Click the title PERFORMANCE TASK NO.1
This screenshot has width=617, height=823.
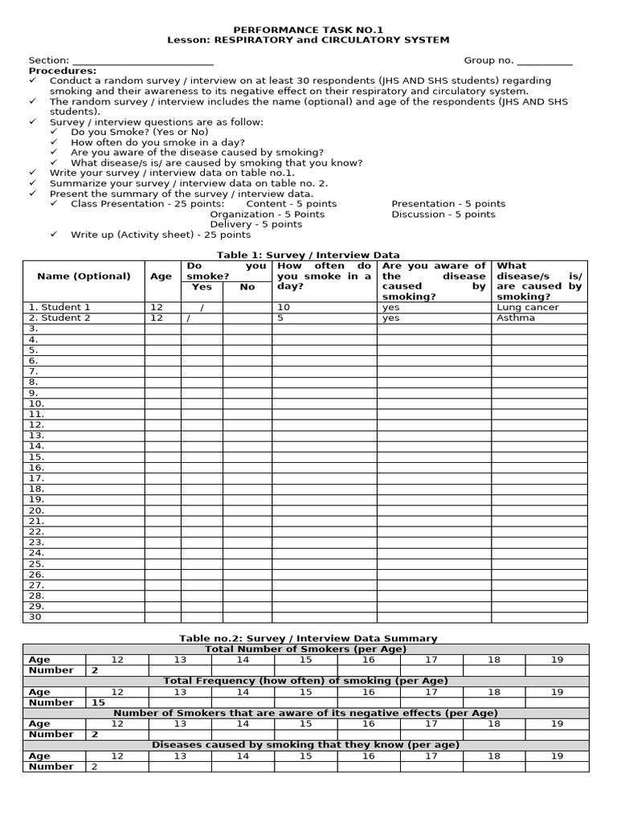tap(308, 28)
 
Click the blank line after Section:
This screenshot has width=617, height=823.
tap(143, 61)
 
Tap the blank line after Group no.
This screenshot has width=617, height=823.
tap(544, 61)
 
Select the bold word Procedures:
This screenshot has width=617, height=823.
tap(63, 71)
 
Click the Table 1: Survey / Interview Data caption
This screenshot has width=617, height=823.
tap(308, 254)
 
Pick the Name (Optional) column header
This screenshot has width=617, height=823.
tap(84, 276)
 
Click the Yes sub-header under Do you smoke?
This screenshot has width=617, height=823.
tap(202, 287)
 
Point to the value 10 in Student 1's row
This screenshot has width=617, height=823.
tap(284, 307)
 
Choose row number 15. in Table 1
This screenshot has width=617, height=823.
tap(37, 457)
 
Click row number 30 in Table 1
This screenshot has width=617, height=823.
tap(35, 617)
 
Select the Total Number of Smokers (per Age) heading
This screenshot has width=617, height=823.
tap(306, 649)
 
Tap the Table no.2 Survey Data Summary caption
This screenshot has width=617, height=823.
tap(308, 638)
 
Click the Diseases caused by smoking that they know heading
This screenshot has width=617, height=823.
tap(306, 745)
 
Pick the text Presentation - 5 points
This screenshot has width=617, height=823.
tap(448, 204)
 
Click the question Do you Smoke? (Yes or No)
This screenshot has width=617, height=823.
tap(140, 132)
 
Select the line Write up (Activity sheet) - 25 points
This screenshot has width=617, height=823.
tap(161, 235)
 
